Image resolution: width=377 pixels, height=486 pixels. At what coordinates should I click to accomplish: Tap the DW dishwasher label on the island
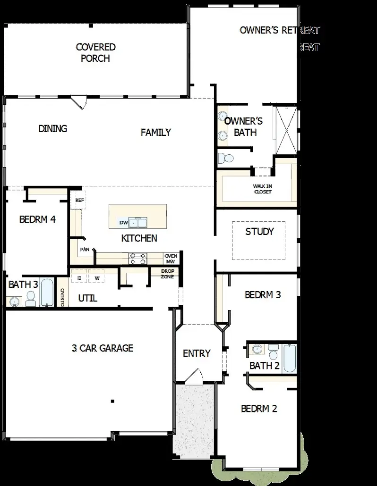(124, 222)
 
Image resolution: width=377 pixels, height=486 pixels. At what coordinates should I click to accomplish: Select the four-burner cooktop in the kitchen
(138, 258)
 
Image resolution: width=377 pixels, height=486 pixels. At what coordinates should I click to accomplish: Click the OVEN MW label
(171, 259)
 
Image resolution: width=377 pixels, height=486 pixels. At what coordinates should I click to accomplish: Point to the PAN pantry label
(85, 249)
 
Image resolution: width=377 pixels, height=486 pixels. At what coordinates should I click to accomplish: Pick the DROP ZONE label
(168, 274)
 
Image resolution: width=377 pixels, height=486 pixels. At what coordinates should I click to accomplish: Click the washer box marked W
(97, 278)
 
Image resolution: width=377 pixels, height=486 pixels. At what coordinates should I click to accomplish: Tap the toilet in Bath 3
(31, 298)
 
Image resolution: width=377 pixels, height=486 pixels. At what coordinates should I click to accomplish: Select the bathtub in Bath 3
(47, 293)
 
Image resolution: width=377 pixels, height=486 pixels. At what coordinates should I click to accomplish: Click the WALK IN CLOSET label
(263, 189)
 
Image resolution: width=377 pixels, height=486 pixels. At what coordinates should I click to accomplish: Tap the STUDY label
(259, 232)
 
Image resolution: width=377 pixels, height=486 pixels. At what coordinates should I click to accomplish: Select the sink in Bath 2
(257, 349)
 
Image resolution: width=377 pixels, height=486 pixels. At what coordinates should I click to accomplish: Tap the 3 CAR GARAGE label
(103, 348)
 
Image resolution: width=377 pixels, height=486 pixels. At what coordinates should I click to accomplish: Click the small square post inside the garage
(112, 401)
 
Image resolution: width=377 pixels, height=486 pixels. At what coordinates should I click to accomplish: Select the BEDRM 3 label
(263, 295)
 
